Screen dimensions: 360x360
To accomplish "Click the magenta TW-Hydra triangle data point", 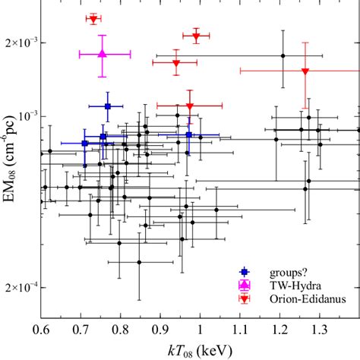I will [103, 54].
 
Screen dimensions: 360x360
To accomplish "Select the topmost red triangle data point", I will [93, 19].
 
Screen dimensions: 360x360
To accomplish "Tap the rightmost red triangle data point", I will [305, 71].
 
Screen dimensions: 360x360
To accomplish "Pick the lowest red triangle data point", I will [189, 106].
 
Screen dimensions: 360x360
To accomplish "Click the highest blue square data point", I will [108, 106].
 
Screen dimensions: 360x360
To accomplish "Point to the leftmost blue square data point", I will [85, 143].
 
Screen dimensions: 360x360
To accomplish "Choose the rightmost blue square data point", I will [188, 135].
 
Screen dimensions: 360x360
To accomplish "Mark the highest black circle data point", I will [283, 55].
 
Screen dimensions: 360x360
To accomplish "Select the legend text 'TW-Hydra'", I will [281, 285].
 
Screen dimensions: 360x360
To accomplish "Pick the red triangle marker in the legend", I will [243, 298].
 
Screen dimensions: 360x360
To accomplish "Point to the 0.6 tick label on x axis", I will [41, 331].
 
